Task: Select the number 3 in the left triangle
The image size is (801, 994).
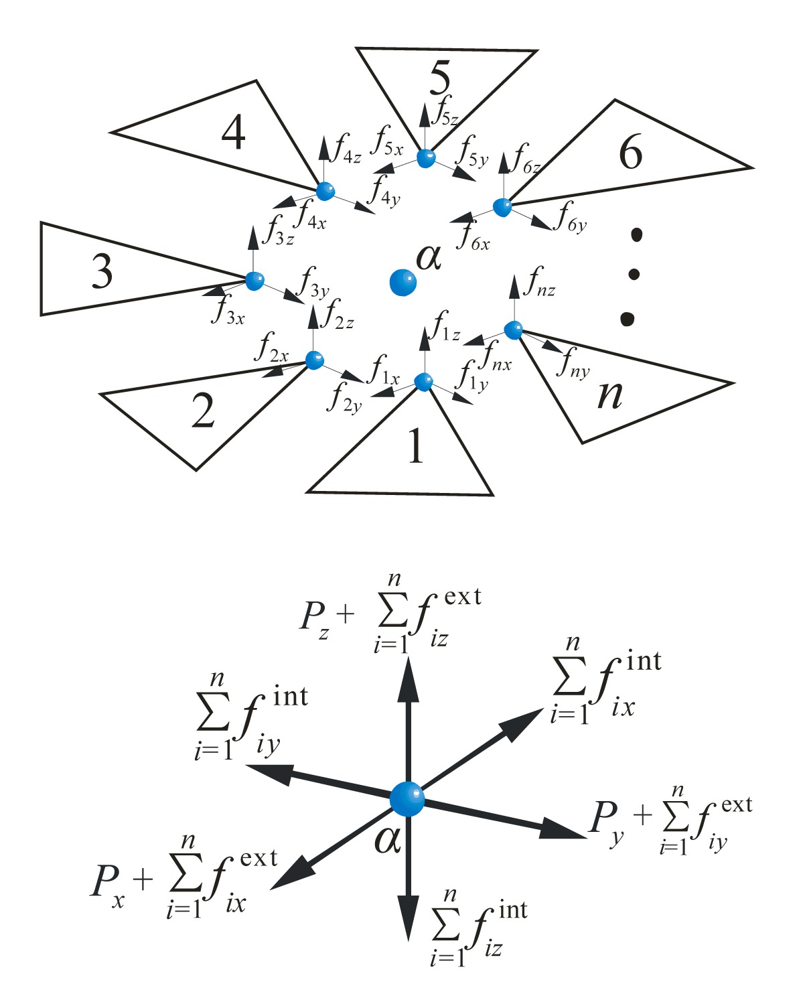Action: (x=102, y=271)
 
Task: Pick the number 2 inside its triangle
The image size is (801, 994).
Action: (x=203, y=410)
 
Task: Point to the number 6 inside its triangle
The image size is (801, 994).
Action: (x=630, y=152)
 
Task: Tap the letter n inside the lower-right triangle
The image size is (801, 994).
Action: (x=609, y=395)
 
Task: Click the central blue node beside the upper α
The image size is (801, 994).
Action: (x=403, y=283)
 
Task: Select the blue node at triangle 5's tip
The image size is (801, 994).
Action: (x=426, y=158)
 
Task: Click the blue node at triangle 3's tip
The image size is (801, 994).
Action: (x=254, y=281)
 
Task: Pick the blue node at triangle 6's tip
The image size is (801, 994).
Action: (x=502, y=207)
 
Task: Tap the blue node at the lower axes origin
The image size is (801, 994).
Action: (x=407, y=798)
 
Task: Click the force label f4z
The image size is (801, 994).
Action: (x=347, y=149)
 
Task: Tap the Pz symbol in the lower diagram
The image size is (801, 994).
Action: (x=315, y=618)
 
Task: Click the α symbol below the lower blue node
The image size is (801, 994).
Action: (x=387, y=839)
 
